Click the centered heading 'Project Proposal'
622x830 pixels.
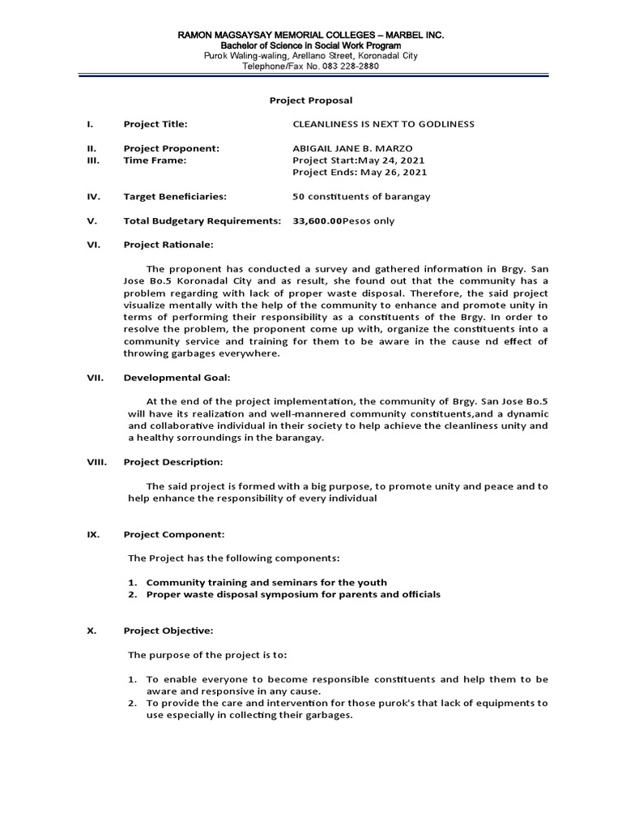(311, 100)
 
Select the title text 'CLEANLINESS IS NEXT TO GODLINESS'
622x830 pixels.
(382, 124)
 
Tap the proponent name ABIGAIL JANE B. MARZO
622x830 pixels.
(353, 148)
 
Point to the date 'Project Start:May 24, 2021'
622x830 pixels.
(357, 160)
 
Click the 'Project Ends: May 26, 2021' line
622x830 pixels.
(359, 173)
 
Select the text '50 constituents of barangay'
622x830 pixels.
(360, 196)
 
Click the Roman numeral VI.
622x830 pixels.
(92, 245)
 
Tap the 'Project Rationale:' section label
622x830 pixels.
(168, 245)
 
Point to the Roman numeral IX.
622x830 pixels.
(92, 535)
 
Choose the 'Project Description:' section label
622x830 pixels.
(173, 462)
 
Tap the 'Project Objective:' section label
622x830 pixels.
(168, 631)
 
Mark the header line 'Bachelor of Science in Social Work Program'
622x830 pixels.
(312, 46)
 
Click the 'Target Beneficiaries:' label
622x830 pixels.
(174, 196)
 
